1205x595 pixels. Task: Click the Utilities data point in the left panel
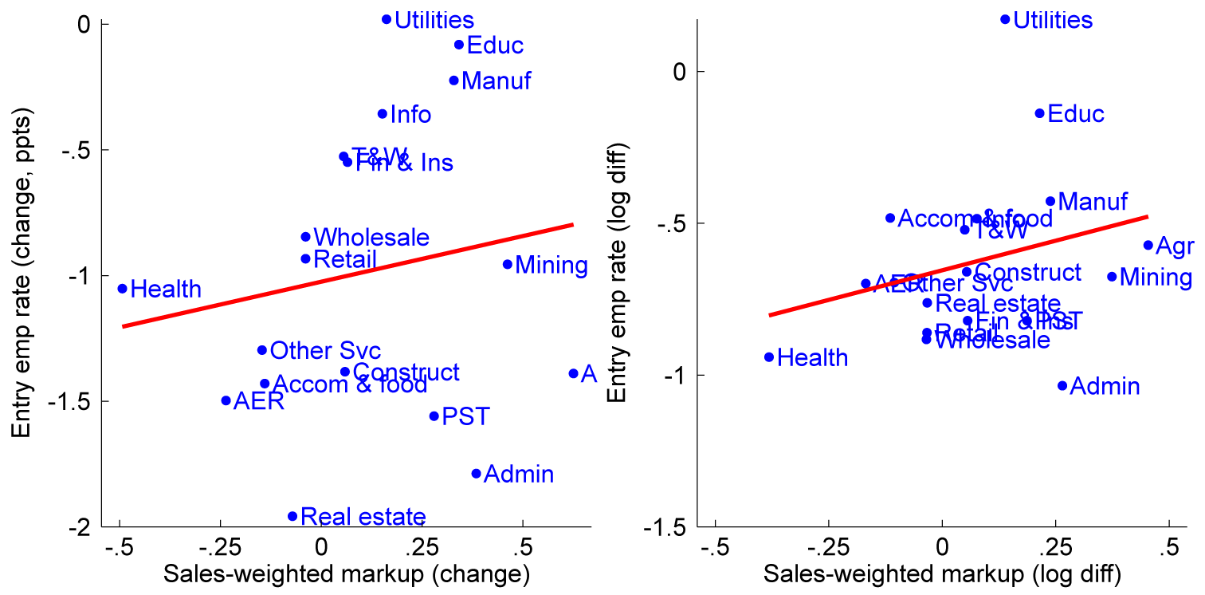387,19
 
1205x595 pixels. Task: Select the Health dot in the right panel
769,357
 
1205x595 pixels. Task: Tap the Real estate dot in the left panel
292,516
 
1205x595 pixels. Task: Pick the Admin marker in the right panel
1062,385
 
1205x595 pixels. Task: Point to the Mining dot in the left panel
508,264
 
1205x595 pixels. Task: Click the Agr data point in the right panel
1148,245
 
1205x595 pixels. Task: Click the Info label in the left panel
410,115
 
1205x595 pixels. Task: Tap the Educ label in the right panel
1076,114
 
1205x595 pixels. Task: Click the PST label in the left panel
465,416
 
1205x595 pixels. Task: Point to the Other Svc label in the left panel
325,350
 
